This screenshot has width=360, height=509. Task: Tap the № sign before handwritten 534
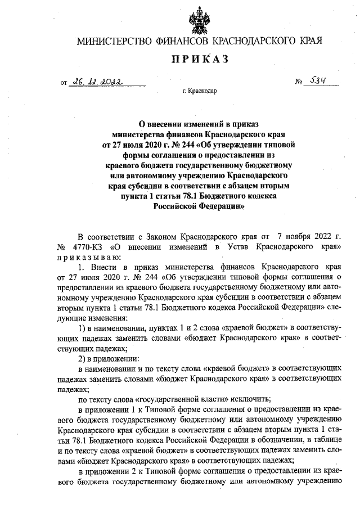click(299, 83)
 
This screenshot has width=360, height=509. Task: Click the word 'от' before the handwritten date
click(64, 83)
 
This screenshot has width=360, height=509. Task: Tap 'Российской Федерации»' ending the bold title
click(199, 206)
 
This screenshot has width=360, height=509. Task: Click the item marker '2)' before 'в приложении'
click(83, 359)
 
